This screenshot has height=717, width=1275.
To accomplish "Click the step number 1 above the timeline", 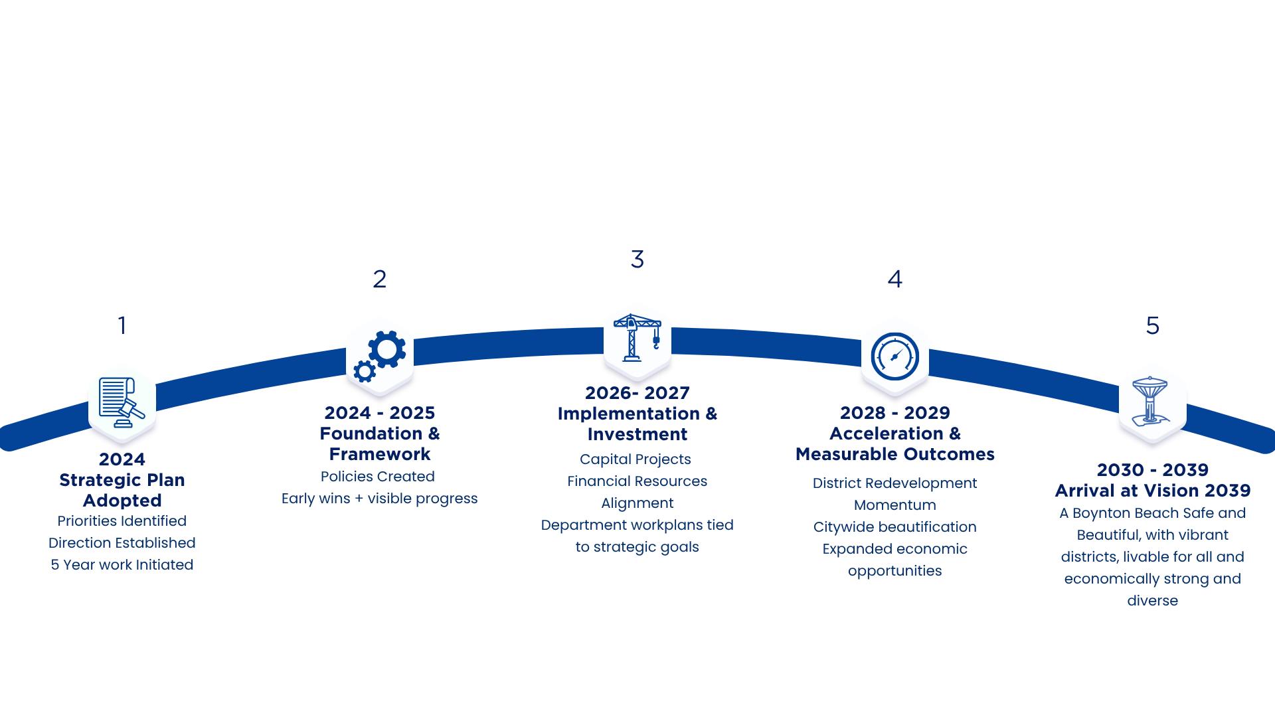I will pos(122,325).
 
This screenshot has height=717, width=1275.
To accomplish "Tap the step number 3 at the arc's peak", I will pos(637,259).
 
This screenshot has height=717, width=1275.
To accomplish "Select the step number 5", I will pos(1152,325).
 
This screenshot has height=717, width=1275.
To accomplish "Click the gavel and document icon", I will pos(122,402).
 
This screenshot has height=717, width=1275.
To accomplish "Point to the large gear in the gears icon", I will pos(386,349).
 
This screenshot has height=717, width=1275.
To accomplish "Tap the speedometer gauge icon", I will pos(894,357).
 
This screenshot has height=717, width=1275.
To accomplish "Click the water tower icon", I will pos(1151,401).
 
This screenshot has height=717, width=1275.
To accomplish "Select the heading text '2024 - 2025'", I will pos(379,413).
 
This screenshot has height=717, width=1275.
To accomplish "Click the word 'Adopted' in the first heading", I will pos(122,501).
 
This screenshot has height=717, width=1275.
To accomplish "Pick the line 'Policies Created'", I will pos(377,477).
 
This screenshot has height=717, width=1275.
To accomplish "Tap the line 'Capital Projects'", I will pos(635,459).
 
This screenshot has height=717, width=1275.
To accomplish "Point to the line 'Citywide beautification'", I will pos(894,527).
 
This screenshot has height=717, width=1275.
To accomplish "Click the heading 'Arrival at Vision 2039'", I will pos(1152,491).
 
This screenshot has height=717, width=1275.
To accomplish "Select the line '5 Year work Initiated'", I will pos(122,565).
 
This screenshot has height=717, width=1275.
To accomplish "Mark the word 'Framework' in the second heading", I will pos(379,454).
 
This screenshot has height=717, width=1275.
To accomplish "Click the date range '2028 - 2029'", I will pos(894,413).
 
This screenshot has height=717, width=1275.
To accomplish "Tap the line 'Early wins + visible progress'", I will pos(379,499).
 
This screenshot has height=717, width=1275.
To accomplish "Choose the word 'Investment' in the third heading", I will pos(637,434).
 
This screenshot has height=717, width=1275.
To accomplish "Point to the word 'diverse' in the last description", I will pos(1152,601).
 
